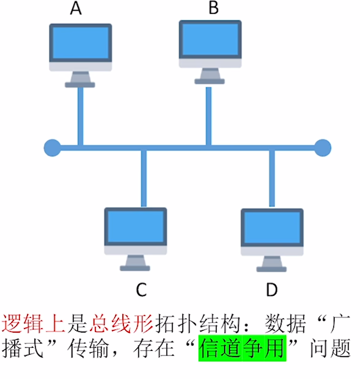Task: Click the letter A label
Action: click(x=76, y=9)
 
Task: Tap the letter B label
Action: click(x=213, y=8)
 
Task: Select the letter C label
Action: click(x=141, y=290)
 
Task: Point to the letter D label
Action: click(x=271, y=290)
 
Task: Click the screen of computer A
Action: click(x=81, y=43)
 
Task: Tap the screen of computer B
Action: click(x=210, y=39)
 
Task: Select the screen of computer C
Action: click(x=135, y=227)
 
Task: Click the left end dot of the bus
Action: click(x=52, y=148)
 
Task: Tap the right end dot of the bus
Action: click(x=323, y=148)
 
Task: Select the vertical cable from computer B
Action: click(x=209, y=115)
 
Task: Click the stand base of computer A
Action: click(x=80, y=84)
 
